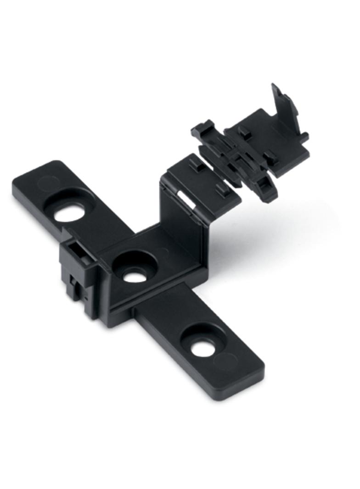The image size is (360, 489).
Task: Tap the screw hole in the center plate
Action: pos(135,277)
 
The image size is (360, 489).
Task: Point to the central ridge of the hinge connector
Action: pos(234,161)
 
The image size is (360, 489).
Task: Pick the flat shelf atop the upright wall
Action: pos(202,179)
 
